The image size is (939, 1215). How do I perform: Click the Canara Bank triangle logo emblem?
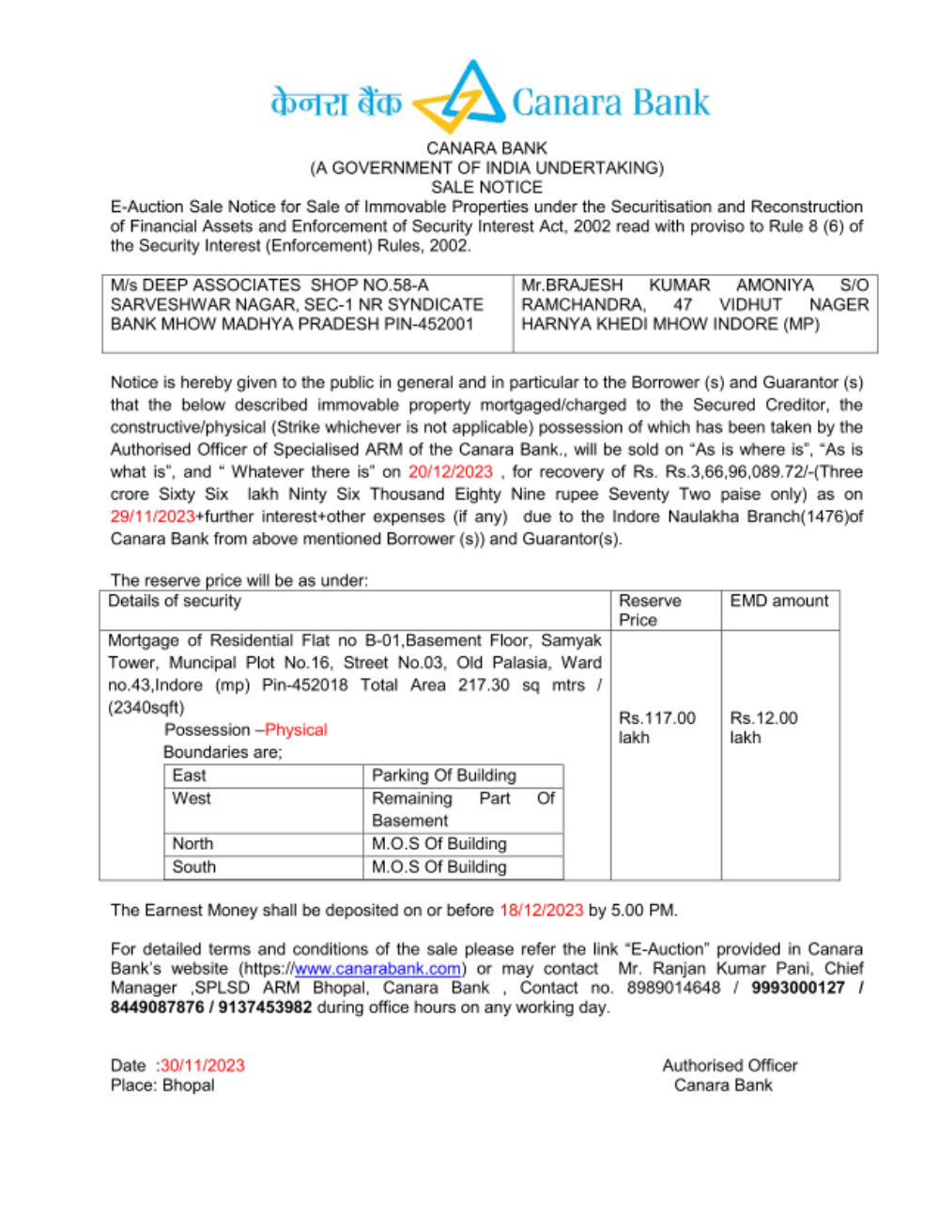point(460,99)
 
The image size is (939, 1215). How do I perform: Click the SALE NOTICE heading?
point(486,187)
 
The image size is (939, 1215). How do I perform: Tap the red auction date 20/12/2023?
point(450,471)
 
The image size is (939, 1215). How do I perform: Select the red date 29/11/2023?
point(152,516)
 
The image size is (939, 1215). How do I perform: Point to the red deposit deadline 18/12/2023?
point(541,910)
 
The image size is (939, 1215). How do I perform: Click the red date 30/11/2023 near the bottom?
point(202,1066)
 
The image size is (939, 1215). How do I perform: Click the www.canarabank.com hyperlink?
point(377,968)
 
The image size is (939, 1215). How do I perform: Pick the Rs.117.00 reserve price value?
point(656,718)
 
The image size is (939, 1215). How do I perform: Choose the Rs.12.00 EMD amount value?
point(763,718)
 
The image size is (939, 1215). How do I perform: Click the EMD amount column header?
point(779,601)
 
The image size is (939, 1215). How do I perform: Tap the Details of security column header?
point(175,601)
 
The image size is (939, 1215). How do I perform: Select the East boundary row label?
point(189,776)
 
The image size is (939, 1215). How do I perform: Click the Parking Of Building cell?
point(444,776)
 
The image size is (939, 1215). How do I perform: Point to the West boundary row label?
point(192,798)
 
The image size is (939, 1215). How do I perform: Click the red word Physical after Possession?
point(297,730)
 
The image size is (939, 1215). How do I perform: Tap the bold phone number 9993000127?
point(797,988)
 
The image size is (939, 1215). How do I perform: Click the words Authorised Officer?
point(730,1066)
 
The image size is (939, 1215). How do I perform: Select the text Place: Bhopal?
point(162,1085)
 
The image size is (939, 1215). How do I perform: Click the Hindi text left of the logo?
point(335,102)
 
